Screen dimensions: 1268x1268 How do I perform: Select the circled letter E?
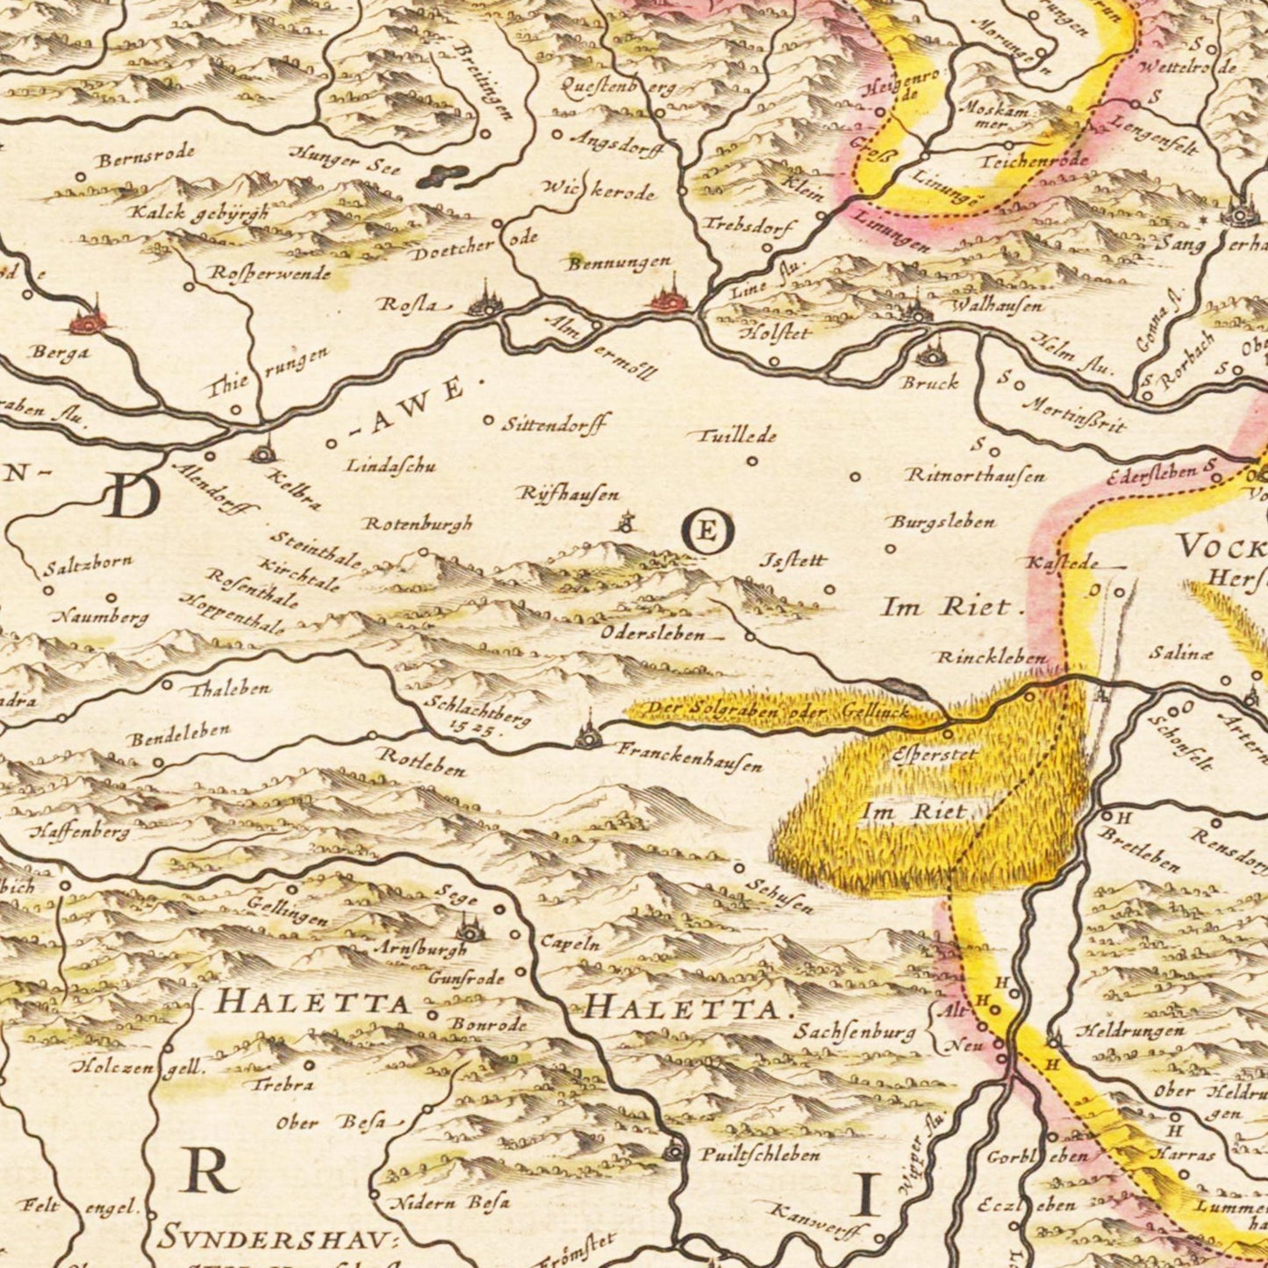[x=708, y=531]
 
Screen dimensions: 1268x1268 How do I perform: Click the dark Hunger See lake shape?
[x=443, y=176]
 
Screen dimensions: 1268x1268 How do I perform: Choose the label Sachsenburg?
[x=854, y=1031]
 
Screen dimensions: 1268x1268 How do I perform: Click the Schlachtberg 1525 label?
[x=476, y=715]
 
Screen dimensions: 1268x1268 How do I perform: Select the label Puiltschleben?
[x=760, y=1155]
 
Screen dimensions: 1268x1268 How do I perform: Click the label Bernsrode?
[x=146, y=158]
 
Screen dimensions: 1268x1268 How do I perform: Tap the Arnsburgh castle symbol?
[x=469, y=928]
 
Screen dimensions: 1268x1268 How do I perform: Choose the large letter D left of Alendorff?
[x=133, y=498]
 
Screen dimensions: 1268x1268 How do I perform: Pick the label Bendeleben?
[x=179, y=734]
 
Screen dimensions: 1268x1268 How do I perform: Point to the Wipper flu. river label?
[x=911, y=1168]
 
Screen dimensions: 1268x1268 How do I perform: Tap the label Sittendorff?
[x=555, y=425]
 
